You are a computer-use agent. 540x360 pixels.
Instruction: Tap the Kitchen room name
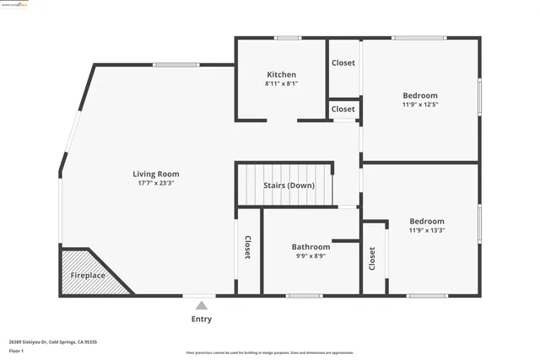[x=281, y=74]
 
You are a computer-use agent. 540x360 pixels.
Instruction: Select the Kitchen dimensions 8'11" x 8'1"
[x=281, y=83]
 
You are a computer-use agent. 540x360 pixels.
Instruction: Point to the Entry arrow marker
[x=201, y=305]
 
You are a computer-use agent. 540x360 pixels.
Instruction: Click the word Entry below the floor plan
[x=202, y=320]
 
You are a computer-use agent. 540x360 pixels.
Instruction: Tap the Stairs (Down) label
[x=289, y=185]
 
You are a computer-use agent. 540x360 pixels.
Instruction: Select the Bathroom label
[x=310, y=247]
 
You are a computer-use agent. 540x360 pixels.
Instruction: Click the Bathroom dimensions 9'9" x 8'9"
[x=310, y=256]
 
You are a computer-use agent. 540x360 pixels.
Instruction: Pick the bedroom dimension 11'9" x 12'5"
[x=419, y=105]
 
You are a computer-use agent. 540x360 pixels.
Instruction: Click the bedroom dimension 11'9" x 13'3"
[x=427, y=230]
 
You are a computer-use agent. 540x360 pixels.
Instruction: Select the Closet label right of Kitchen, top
[x=343, y=62]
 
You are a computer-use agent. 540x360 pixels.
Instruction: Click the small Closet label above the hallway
[x=343, y=109]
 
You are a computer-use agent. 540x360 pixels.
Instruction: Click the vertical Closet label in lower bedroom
[x=372, y=258]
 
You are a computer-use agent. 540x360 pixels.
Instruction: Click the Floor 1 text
[x=17, y=350]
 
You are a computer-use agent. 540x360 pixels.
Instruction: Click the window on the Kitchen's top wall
[x=287, y=38]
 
